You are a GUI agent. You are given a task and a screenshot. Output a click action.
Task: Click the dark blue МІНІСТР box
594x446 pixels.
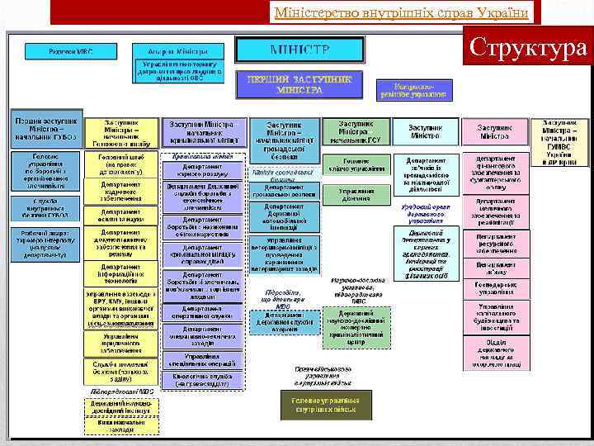pyautogui.click(x=293, y=49)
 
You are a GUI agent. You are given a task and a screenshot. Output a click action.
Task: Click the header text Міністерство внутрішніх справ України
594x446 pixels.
pyautogui.click(x=404, y=12)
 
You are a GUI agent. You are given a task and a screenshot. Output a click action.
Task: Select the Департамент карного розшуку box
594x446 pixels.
pyautogui.click(x=201, y=170)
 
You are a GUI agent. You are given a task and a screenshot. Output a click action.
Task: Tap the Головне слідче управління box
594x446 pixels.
pyautogui.click(x=356, y=165)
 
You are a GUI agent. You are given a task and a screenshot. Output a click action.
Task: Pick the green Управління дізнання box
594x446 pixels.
pyautogui.click(x=356, y=195)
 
